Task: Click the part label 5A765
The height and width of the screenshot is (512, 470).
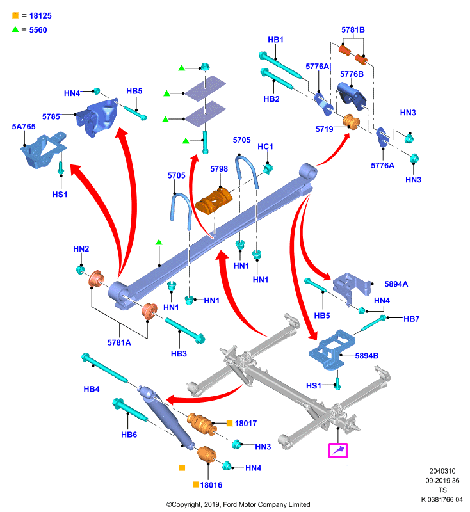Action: tap(24, 127)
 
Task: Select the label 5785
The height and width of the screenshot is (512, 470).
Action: tap(51, 116)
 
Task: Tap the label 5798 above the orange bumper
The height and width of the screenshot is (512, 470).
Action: tap(219, 169)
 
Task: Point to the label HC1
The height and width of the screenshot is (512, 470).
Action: tap(265, 147)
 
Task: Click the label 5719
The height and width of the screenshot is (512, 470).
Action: tap(325, 129)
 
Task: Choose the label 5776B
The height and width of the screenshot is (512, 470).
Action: tap(352, 74)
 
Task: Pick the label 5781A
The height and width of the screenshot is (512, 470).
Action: tap(119, 342)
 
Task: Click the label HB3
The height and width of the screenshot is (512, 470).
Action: tap(179, 354)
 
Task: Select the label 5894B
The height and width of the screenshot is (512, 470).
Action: tap(366, 356)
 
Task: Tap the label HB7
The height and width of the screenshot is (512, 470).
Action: tap(411, 319)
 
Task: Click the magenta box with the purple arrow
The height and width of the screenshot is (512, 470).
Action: tap(338, 451)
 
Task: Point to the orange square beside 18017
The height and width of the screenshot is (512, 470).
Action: tap(230, 423)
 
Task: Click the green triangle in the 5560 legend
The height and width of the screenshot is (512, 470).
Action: tap(15, 29)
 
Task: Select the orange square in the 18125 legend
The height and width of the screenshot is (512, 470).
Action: tap(15, 15)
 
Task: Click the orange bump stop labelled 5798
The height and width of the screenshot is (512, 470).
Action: tap(214, 200)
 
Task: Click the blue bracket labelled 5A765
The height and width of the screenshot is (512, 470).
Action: tap(44, 150)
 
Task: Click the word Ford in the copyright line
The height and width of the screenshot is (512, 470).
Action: tap(231, 504)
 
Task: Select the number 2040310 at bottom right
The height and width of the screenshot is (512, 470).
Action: tap(442, 471)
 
